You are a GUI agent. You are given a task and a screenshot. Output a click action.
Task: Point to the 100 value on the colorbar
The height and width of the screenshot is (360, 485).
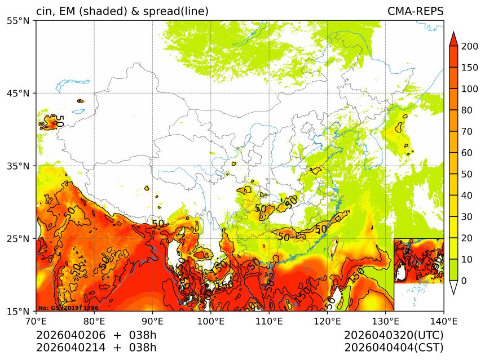tap(470, 89)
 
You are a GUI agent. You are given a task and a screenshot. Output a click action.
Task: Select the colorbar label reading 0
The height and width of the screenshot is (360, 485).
tap(464, 281)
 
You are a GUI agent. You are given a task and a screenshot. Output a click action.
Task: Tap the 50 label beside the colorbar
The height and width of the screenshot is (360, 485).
tap(467, 174)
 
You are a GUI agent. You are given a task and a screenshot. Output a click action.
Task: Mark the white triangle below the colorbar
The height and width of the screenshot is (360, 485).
tap(453, 287)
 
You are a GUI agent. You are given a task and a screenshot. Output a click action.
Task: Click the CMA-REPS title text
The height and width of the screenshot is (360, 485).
tap(415, 11)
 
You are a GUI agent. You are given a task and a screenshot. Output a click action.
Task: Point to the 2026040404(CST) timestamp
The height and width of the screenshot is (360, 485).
tap(394, 348)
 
